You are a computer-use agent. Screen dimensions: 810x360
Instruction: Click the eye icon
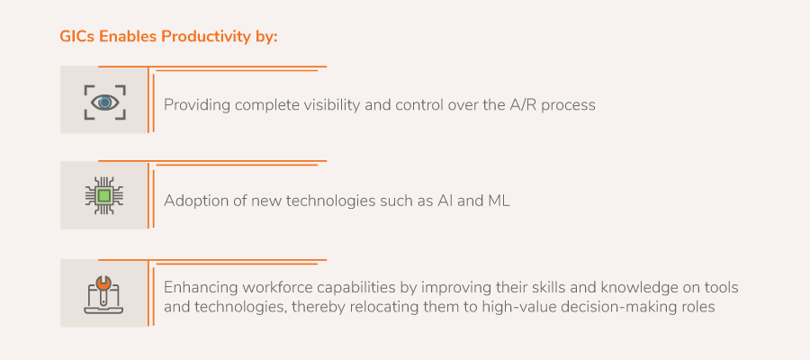pos(105,103)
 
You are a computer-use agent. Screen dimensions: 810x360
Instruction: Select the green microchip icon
pos(104,195)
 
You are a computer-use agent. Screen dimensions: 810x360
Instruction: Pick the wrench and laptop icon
pos(104,294)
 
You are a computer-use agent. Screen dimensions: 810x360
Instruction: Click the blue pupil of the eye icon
pos(105,103)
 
